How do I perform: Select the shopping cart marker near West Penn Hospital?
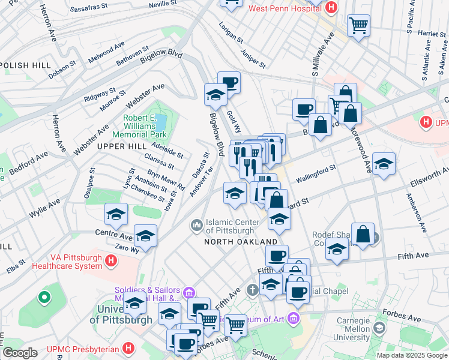358,25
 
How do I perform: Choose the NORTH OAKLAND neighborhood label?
232,242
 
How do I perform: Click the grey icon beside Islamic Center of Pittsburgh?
196,226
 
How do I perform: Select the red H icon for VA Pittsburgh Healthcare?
110,260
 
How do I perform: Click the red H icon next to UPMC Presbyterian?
128,348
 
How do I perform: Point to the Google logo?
20,353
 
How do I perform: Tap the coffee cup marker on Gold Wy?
229,82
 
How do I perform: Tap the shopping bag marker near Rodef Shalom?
363,233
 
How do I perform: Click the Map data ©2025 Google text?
411,355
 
